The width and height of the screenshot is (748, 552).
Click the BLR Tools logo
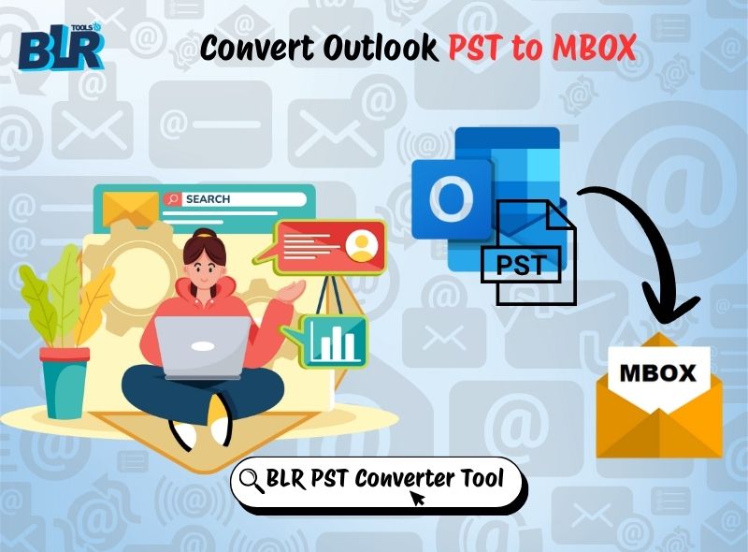[59, 50]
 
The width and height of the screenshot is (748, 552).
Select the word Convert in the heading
[254, 48]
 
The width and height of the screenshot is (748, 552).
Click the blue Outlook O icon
[451, 197]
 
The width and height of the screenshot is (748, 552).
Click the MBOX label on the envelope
[658, 372]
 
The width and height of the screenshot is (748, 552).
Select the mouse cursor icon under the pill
[417, 497]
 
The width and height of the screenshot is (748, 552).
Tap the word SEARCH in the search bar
[208, 199]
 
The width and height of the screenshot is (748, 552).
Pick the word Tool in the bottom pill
[482, 479]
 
